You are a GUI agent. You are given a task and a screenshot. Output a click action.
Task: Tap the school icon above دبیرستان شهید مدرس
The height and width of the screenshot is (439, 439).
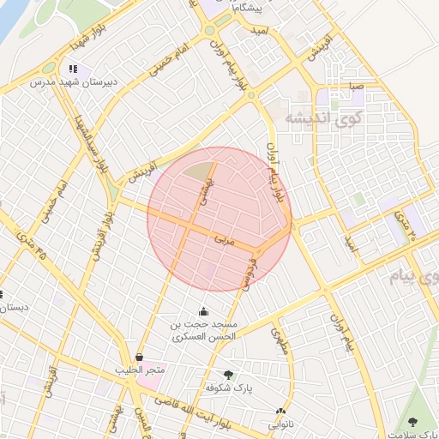click(x=73, y=69)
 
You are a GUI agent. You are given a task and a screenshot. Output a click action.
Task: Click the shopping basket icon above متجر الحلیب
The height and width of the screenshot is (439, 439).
click(x=139, y=356)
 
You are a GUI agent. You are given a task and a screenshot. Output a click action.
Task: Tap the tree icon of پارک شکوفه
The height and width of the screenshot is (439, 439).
click(x=228, y=374)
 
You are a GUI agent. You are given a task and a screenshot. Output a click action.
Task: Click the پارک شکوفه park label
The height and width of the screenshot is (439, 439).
click(x=228, y=388)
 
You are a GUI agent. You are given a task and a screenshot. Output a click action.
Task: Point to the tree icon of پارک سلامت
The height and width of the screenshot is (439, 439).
click(x=414, y=420)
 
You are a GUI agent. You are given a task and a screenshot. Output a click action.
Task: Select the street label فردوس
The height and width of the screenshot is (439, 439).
click(x=250, y=274)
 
